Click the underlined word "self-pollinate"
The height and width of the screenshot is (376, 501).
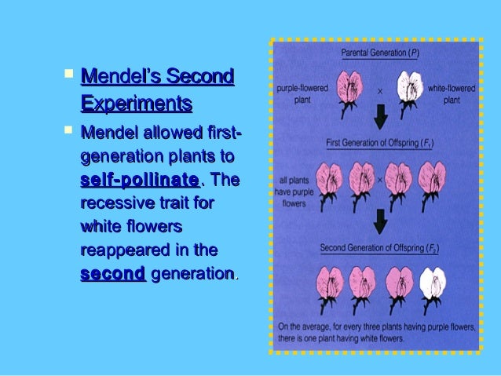pos(139,181)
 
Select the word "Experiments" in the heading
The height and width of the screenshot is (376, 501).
pos(136,104)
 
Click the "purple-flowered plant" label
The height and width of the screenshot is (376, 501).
pos(297,95)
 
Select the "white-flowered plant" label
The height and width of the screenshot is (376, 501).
pos(452,95)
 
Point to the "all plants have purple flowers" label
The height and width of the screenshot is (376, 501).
pos(294,189)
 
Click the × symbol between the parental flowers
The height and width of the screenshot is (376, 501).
pos(380,90)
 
